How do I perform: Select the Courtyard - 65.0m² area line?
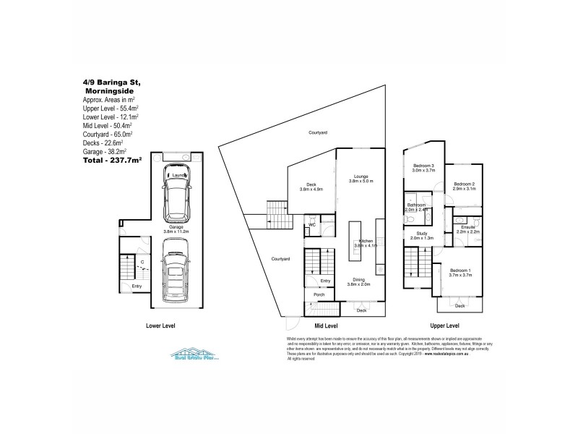[x=111, y=133]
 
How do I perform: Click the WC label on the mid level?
[x=312, y=225]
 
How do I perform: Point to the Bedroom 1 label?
[x=460, y=271]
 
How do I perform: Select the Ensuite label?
[x=467, y=229]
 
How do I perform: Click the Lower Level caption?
[x=160, y=326]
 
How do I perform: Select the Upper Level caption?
[x=446, y=326]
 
